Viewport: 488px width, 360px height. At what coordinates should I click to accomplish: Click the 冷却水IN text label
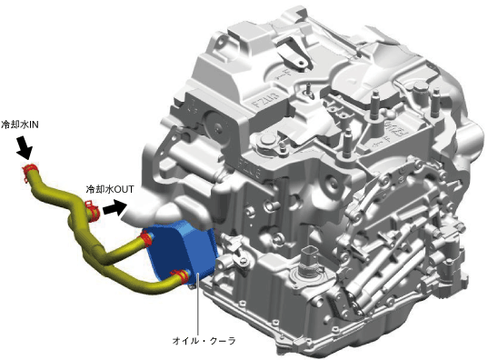[20, 125]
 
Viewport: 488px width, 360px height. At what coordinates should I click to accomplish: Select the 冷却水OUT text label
[110, 189]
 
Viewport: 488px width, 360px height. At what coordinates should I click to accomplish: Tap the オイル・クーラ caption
[204, 341]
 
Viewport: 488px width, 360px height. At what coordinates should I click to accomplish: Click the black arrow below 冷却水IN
[25, 148]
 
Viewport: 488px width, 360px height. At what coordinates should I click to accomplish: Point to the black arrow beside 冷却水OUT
[115, 208]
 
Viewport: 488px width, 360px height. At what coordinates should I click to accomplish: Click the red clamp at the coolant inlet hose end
[30, 171]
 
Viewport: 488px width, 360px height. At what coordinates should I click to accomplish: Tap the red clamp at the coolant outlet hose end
[92, 209]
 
